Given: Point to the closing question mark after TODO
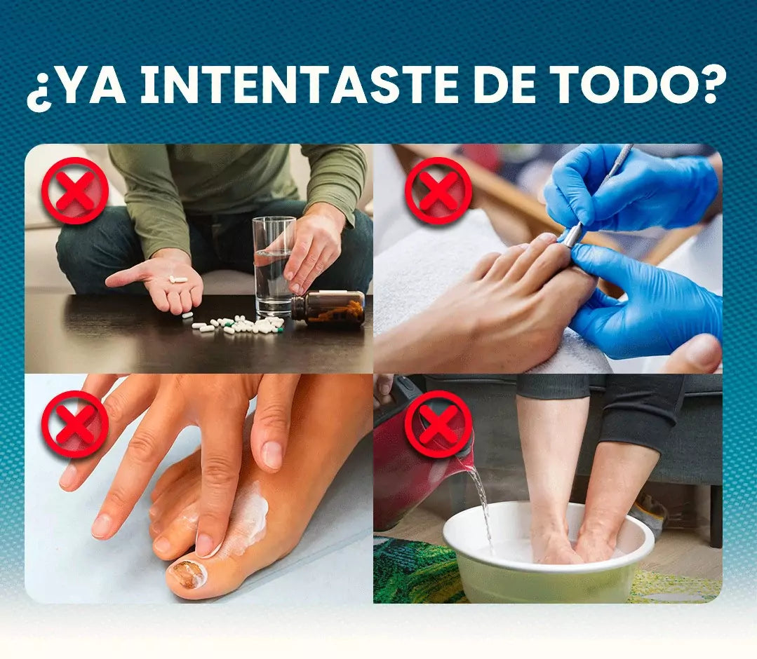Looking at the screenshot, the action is point(712,84).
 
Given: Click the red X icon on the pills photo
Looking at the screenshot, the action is point(75,191).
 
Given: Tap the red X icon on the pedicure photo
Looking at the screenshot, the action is point(438,191).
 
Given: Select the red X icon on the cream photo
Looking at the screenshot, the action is point(75,424).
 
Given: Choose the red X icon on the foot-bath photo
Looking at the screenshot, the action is point(438,424).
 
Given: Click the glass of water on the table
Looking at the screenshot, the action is point(274,267).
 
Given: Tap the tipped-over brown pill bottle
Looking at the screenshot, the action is point(328,308).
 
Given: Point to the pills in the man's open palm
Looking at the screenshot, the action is point(177,279).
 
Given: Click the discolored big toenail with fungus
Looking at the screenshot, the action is point(187,575).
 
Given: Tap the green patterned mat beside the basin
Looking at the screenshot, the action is point(415,571).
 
